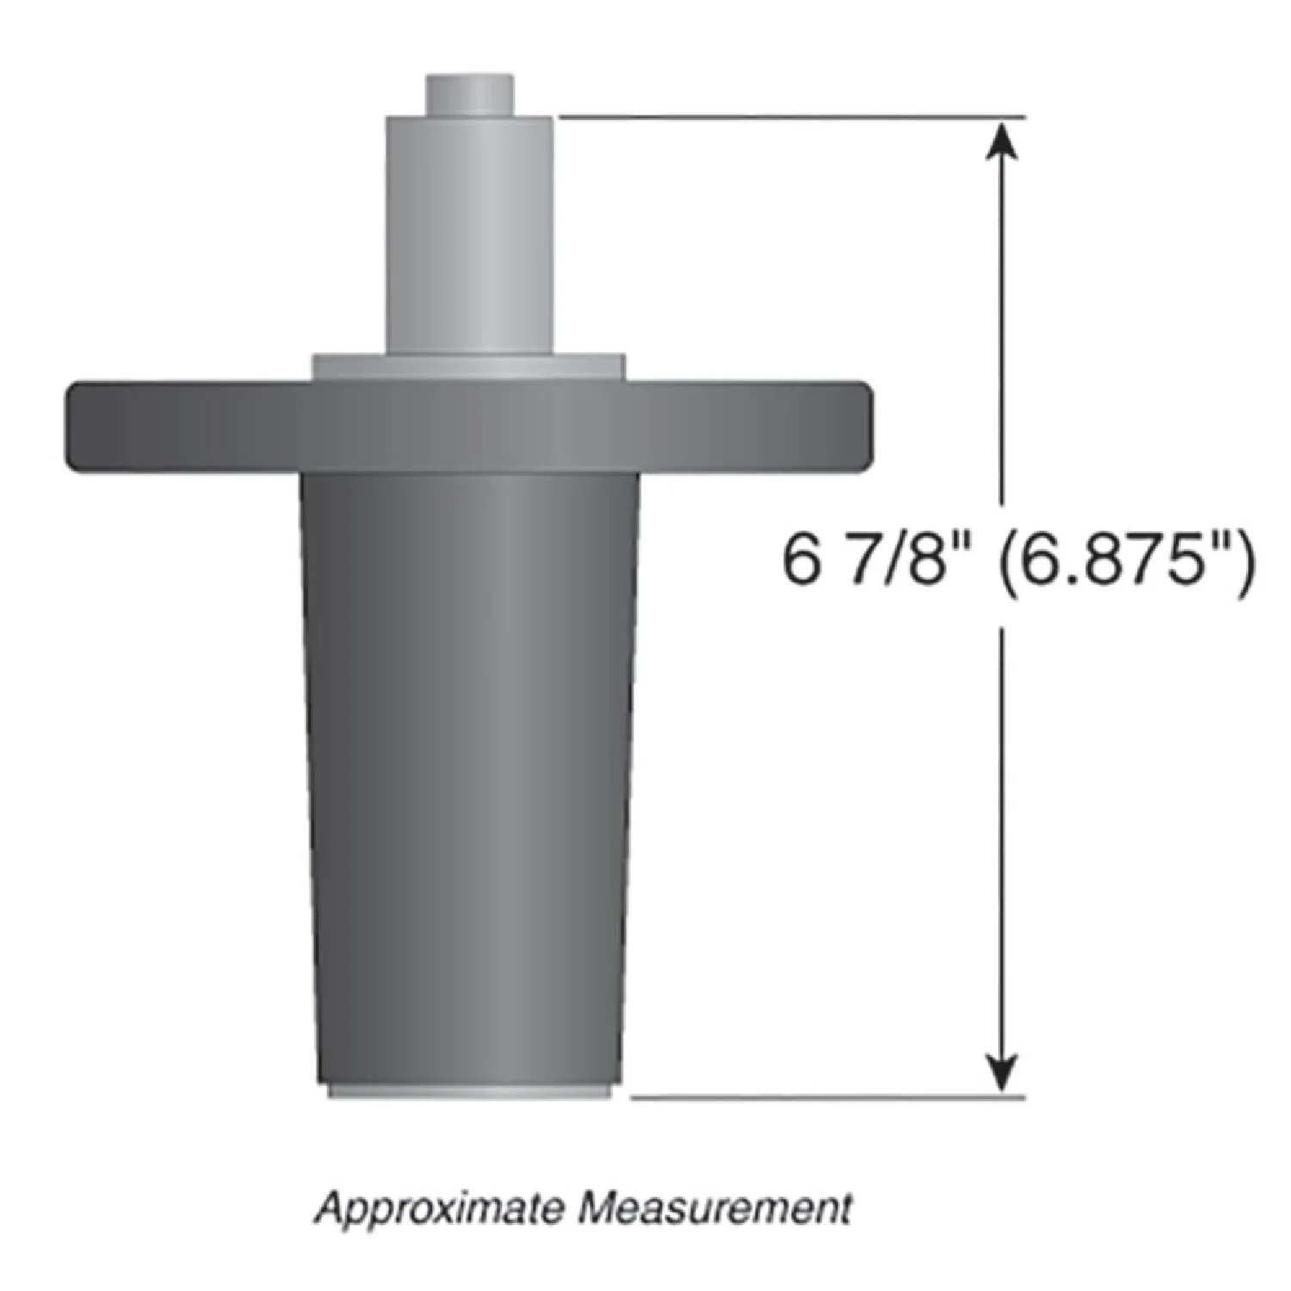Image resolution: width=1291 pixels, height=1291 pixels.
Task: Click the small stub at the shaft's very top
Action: [x=469, y=95]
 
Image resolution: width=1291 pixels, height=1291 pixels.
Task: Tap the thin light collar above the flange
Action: [x=468, y=367]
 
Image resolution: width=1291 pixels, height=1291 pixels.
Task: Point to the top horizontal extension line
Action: [x=792, y=116]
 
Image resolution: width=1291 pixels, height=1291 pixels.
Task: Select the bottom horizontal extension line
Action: [x=826, y=1097]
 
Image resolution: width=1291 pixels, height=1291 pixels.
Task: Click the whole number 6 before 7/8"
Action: [x=799, y=560]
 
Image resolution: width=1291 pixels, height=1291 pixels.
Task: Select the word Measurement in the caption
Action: [x=714, y=1208]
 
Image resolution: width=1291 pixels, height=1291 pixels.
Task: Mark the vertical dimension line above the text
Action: [x=1001, y=327]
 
